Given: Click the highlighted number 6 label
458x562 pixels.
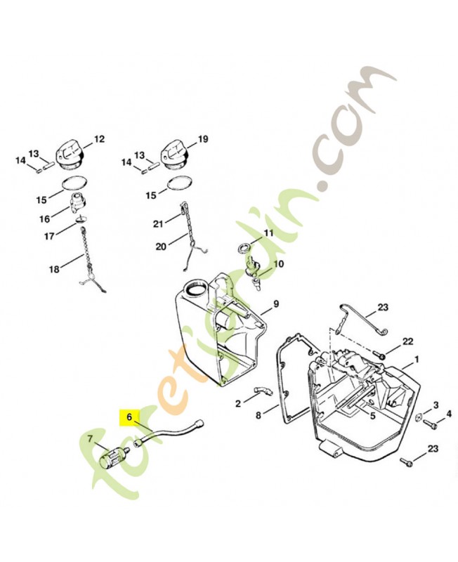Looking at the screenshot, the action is coord(129,417).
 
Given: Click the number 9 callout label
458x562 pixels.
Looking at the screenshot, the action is coord(275,304).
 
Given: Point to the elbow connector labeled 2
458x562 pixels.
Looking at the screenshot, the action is coord(263,391).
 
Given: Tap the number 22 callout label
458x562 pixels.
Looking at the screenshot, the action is coord(408,341).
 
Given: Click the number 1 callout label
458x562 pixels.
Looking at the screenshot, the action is coord(417,359).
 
